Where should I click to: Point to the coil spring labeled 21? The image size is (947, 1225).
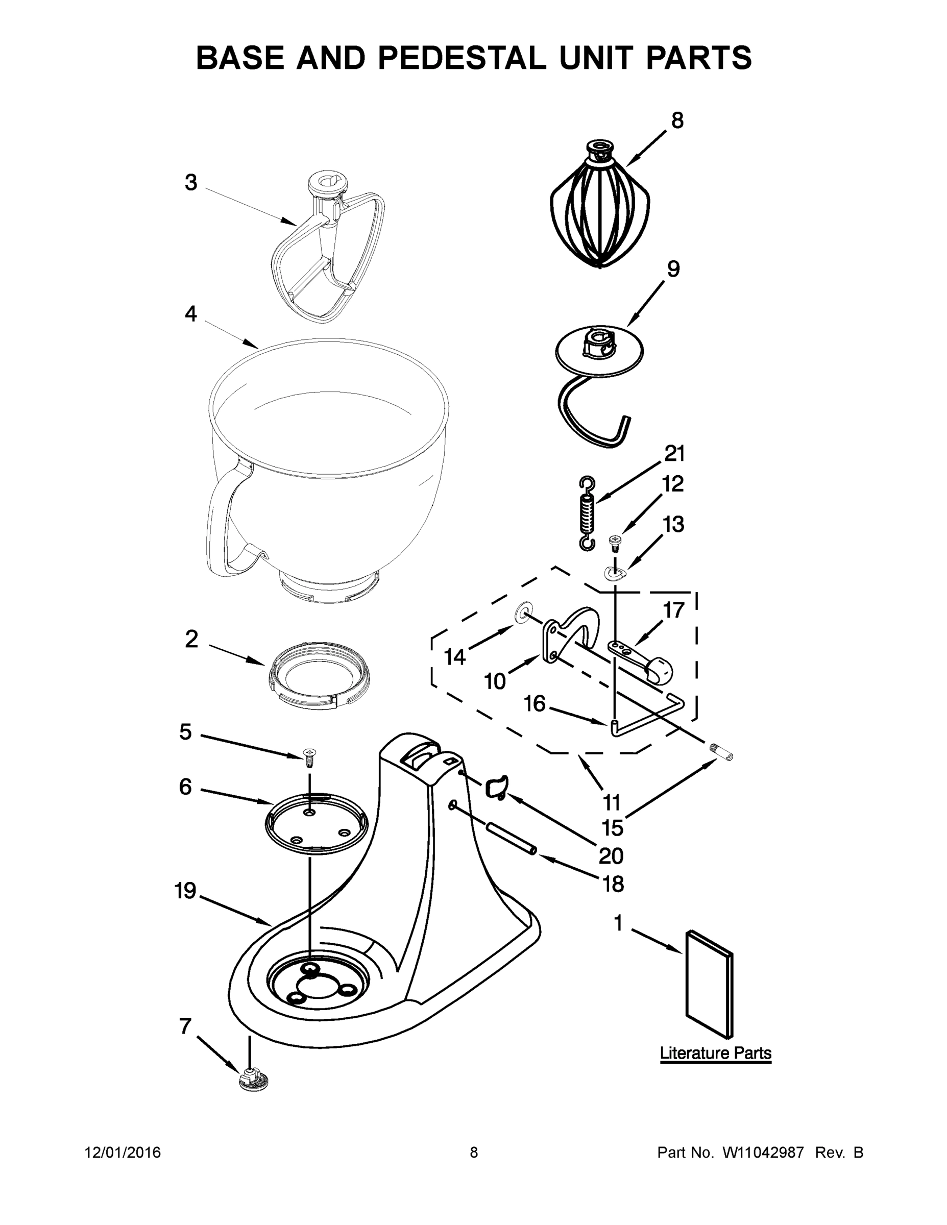click(x=587, y=513)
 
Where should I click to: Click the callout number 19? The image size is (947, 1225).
click(x=185, y=891)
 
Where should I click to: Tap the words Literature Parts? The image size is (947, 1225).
click(x=715, y=1053)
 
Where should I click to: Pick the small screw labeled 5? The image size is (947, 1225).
click(x=308, y=758)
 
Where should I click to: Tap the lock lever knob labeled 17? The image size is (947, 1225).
click(x=659, y=670)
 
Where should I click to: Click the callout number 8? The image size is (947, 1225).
click(x=677, y=120)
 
